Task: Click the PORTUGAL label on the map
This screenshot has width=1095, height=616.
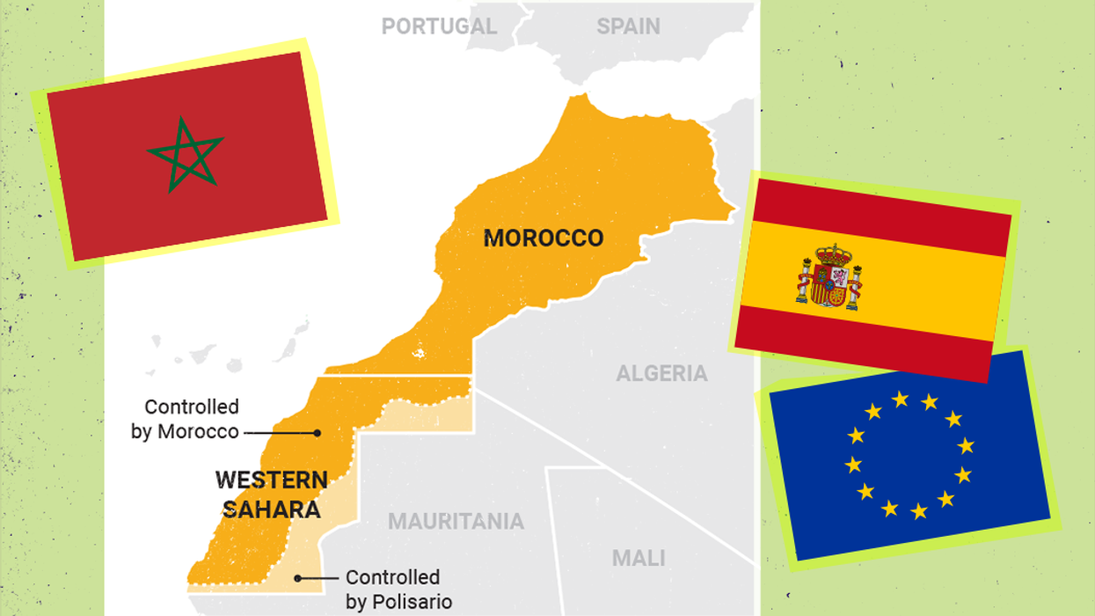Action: click(438, 26)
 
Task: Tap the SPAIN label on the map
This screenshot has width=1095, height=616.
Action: click(628, 26)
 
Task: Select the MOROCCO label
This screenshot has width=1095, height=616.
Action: click(544, 238)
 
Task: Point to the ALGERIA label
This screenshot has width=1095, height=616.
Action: click(661, 373)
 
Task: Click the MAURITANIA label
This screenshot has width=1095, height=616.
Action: click(456, 521)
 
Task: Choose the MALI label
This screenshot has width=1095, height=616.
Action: click(639, 558)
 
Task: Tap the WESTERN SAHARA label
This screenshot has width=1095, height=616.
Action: click(272, 494)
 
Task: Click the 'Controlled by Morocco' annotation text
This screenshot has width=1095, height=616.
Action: click(186, 419)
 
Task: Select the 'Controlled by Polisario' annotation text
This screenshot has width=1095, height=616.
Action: click(398, 590)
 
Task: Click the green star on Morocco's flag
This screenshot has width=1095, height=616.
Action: click(185, 155)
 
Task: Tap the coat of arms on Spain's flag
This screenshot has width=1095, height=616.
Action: click(829, 276)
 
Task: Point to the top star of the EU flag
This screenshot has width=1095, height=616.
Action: click(900, 399)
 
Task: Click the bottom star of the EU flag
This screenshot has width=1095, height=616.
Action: click(918, 510)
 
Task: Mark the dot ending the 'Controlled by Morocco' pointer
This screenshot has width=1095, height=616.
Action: click(317, 433)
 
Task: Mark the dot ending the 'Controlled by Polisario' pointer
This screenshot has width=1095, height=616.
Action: click(298, 578)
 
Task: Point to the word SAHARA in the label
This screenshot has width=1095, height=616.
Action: click(272, 509)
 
